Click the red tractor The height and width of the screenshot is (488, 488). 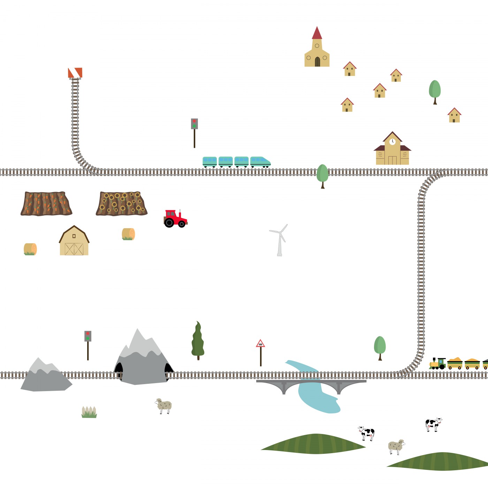pos(175,219)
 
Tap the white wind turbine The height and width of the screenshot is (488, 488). pos(280,241)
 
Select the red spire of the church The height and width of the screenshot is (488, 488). pos(317,33)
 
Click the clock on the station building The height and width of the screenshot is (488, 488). pos(392,142)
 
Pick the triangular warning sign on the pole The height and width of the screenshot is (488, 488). pos(260,344)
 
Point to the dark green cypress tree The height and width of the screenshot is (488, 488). pos(198,341)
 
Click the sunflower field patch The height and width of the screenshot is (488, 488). pos(121,203)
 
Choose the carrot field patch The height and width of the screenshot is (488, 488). pos(46,203)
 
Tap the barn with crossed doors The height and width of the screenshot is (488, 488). pos(74,241)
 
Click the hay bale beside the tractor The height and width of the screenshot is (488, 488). pos(128,234)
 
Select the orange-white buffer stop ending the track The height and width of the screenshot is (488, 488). pos(75,73)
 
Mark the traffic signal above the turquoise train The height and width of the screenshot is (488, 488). pos(195,124)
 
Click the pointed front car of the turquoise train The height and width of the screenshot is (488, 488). pos(260,162)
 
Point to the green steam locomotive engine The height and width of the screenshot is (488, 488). pos(438,364)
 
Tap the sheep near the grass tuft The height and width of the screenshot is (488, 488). pos(164,406)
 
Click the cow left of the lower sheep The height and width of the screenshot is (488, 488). pos(366,433)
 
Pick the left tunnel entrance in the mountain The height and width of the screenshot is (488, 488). pos(119,368)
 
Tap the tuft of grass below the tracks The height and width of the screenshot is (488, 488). pos(89,412)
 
